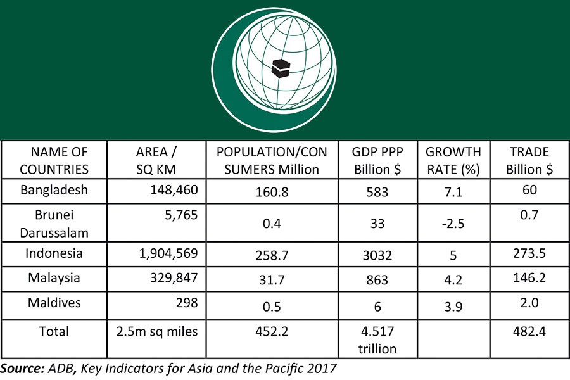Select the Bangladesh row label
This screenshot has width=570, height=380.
[54, 190]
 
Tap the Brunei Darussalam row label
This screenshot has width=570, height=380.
[54, 223]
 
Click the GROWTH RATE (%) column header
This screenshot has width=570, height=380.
[453, 160]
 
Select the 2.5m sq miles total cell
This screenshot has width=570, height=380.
[158, 331]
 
